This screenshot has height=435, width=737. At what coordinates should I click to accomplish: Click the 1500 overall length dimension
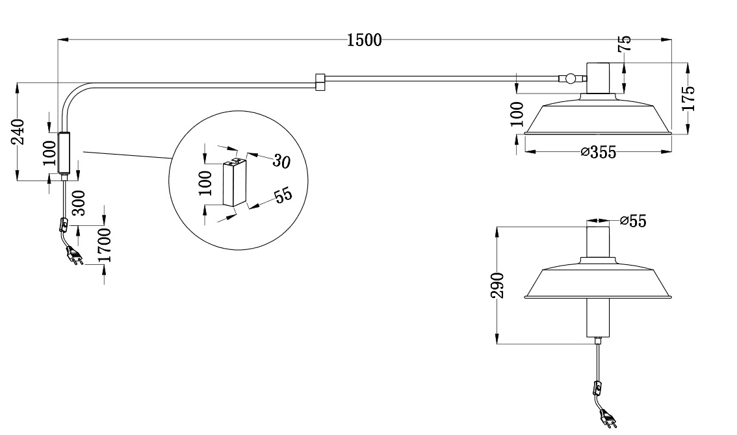pyautogui.click(x=364, y=40)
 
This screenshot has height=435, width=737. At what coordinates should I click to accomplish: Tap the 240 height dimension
pyautogui.click(x=20, y=132)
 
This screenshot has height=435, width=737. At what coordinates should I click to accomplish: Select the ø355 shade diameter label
pyautogui.click(x=598, y=152)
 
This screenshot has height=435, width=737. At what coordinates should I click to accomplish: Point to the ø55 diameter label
pyautogui.click(x=633, y=221)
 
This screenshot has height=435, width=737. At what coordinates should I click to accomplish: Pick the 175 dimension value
pyautogui.click(x=690, y=99)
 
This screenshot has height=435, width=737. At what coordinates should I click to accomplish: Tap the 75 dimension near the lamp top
pyautogui.click(x=624, y=43)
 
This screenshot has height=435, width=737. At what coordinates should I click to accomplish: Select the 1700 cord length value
pyautogui.click(x=105, y=245)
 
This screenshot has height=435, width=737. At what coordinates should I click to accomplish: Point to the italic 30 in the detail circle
pyautogui.click(x=281, y=161)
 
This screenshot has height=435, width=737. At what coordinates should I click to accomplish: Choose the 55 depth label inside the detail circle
pyautogui.click(x=283, y=195)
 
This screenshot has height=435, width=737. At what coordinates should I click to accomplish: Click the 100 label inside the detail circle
pyautogui.click(x=205, y=184)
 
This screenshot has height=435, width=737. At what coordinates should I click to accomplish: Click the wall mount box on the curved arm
pyautogui.click(x=64, y=153)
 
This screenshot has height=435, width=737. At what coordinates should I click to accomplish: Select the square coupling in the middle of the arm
pyautogui.click(x=319, y=82)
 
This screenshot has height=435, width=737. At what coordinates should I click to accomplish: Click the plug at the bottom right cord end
pyautogui.click(x=610, y=419)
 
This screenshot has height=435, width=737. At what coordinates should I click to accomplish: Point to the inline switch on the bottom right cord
pyautogui.click(x=595, y=389)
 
